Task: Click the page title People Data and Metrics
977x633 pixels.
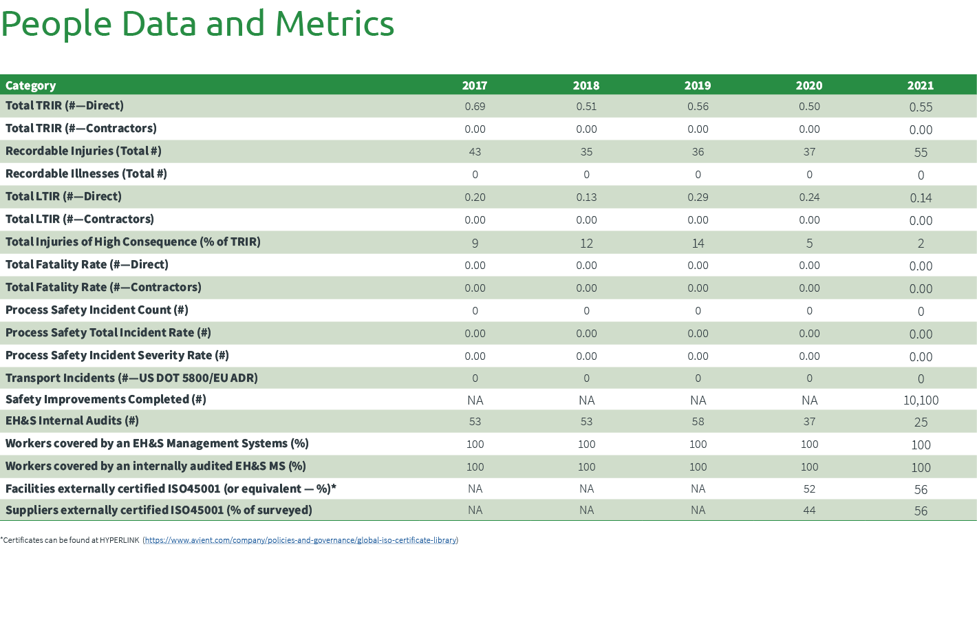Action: [197, 24]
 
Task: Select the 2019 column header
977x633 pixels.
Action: [698, 85]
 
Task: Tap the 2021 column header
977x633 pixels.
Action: [921, 85]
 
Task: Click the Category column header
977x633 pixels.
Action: [31, 85]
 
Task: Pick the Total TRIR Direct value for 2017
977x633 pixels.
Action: [475, 107]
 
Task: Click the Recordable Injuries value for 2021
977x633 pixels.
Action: [921, 152]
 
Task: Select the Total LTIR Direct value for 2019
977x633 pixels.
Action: [698, 197]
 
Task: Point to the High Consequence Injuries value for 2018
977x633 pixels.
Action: [586, 243]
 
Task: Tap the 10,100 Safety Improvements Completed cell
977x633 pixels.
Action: [921, 400]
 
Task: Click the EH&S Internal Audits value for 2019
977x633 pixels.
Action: [698, 421]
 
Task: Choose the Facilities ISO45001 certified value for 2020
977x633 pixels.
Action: [809, 489]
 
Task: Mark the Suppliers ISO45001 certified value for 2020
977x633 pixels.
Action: [809, 510]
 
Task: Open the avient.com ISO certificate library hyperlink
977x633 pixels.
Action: [301, 540]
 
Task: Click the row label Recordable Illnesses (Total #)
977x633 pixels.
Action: [86, 173]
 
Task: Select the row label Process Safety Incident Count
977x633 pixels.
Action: [97, 310]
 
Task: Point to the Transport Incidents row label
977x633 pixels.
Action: [131, 378]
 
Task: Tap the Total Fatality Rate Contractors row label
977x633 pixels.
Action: [103, 287]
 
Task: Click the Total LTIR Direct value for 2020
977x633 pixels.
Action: [809, 197]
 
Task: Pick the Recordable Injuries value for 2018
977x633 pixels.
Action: [586, 152]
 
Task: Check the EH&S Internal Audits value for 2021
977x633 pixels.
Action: [921, 422]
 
